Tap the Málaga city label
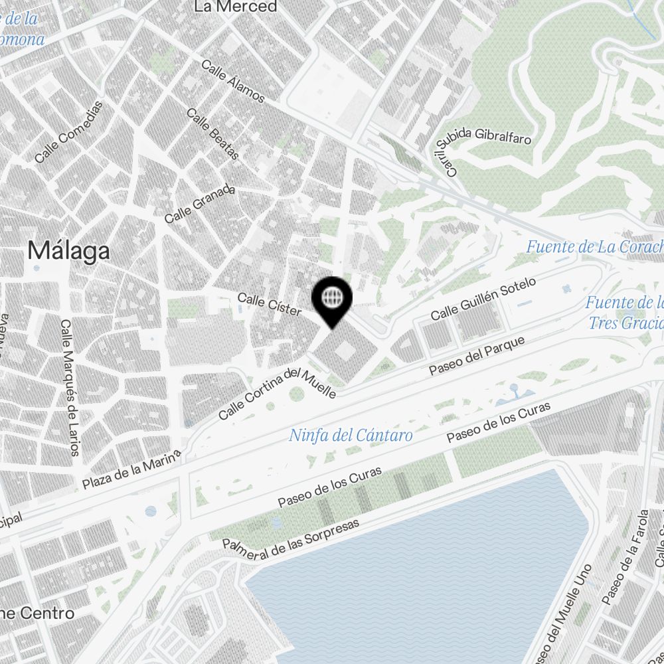[69, 251]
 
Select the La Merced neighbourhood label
[235, 7]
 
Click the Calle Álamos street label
[232, 82]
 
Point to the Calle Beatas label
[212, 133]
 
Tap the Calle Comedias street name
[70, 132]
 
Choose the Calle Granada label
[200, 204]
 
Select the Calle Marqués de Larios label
[70, 388]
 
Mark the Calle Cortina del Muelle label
[277, 393]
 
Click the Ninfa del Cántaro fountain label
[351, 436]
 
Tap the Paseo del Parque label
[477, 356]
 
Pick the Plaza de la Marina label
[131, 469]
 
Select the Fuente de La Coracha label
[594, 247]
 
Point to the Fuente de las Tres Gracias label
[624, 313]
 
